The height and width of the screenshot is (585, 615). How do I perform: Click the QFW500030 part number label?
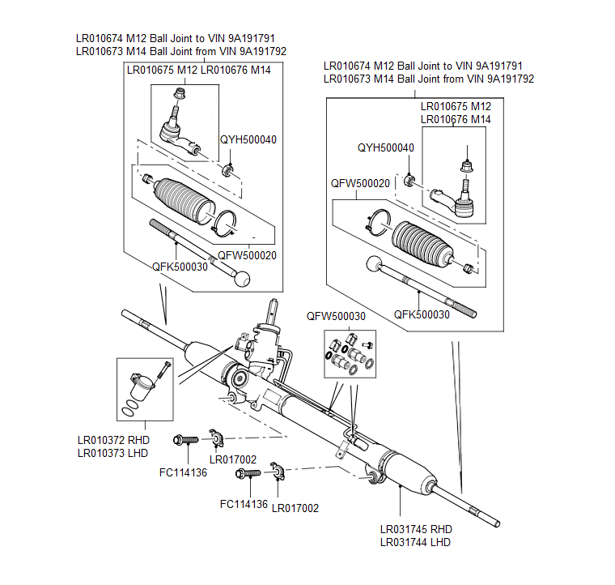click(x=336, y=317)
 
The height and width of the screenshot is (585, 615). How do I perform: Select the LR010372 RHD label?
click(x=112, y=440)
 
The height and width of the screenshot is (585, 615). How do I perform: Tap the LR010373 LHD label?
click(x=112, y=453)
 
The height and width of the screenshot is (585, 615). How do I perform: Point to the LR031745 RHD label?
click(x=415, y=529)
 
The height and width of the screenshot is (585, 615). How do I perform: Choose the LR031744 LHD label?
click(x=415, y=542)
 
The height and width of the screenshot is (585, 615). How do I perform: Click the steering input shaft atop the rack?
click(x=274, y=312)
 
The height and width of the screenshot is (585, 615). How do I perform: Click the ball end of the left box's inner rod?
click(x=241, y=278)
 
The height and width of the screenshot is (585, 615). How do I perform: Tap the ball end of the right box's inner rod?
click(x=372, y=263)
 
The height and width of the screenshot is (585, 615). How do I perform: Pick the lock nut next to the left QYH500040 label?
click(x=229, y=169)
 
